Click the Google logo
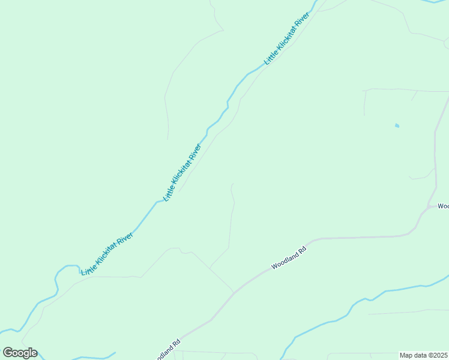tap(20, 353)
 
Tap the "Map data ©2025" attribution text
tap(424, 355)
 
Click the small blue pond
tap(397, 125)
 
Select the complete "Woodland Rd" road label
tap(289, 257)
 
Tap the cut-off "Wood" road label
tap(443, 206)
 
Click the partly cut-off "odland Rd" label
tap(167, 351)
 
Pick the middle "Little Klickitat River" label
tap(182, 172)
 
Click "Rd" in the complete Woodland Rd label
tap(303, 249)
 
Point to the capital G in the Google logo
tap(8, 353)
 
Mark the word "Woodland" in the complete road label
tap(285, 259)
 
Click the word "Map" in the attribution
tap(407, 355)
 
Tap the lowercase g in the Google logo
tap(26, 354)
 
